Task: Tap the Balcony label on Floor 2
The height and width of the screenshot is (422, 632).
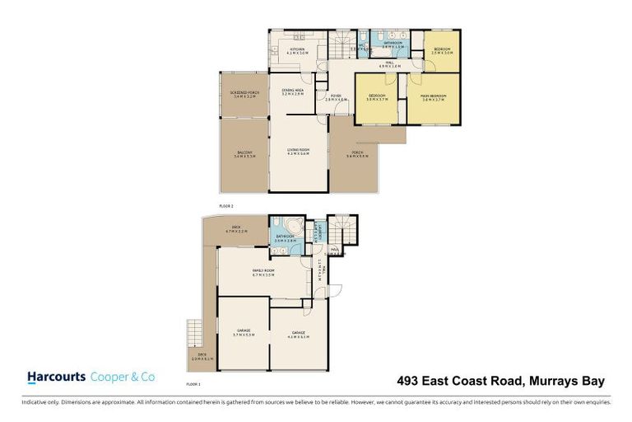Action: [245, 154]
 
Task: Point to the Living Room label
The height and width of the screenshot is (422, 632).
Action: [298, 151]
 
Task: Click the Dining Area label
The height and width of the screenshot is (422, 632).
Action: [294, 91]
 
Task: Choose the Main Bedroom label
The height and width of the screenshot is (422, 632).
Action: [434, 97]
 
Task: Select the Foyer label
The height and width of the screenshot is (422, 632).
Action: [336, 97]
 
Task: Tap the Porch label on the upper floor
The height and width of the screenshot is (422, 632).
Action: [357, 154]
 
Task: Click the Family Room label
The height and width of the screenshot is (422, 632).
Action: [263, 273]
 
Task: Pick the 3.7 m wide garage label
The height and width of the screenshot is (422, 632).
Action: [244, 335]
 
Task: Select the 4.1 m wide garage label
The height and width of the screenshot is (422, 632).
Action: [299, 335]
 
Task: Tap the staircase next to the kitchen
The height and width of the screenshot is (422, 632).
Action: [340, 40]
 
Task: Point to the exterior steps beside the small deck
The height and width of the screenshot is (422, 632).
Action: [194, 333]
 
